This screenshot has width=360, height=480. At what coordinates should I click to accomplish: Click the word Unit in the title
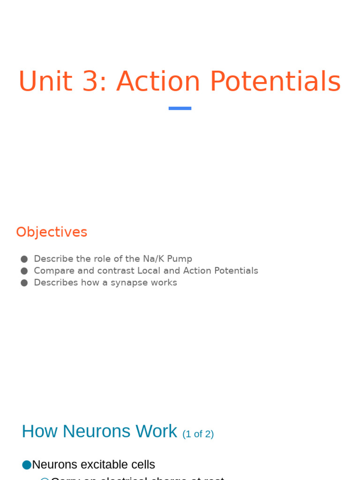[x=45, y=82]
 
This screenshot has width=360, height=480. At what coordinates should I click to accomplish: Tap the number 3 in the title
[x=92, y=82]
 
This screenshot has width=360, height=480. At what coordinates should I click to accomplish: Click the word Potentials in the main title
[x=275, y=82]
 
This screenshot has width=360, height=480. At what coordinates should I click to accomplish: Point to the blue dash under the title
[x=180, y=108]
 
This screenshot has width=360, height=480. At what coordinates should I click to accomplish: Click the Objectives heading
[x=52, y=232]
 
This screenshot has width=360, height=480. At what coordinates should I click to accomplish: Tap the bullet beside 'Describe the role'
[x=24, y=259]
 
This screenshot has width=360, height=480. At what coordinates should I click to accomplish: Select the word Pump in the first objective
[x=181, y=259]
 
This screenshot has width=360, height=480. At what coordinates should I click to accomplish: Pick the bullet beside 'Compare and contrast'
[x=24, y=271]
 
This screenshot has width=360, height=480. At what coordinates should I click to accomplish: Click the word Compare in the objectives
[x=52, y=271]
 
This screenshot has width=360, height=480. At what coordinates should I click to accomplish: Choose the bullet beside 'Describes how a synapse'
[x=24, y=283]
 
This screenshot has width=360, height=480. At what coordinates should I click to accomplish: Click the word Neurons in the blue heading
[x=97, y=431]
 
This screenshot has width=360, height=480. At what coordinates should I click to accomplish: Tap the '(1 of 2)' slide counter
[x=198, y=434]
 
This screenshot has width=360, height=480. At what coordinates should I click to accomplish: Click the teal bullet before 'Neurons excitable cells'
[x=27, y=465]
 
